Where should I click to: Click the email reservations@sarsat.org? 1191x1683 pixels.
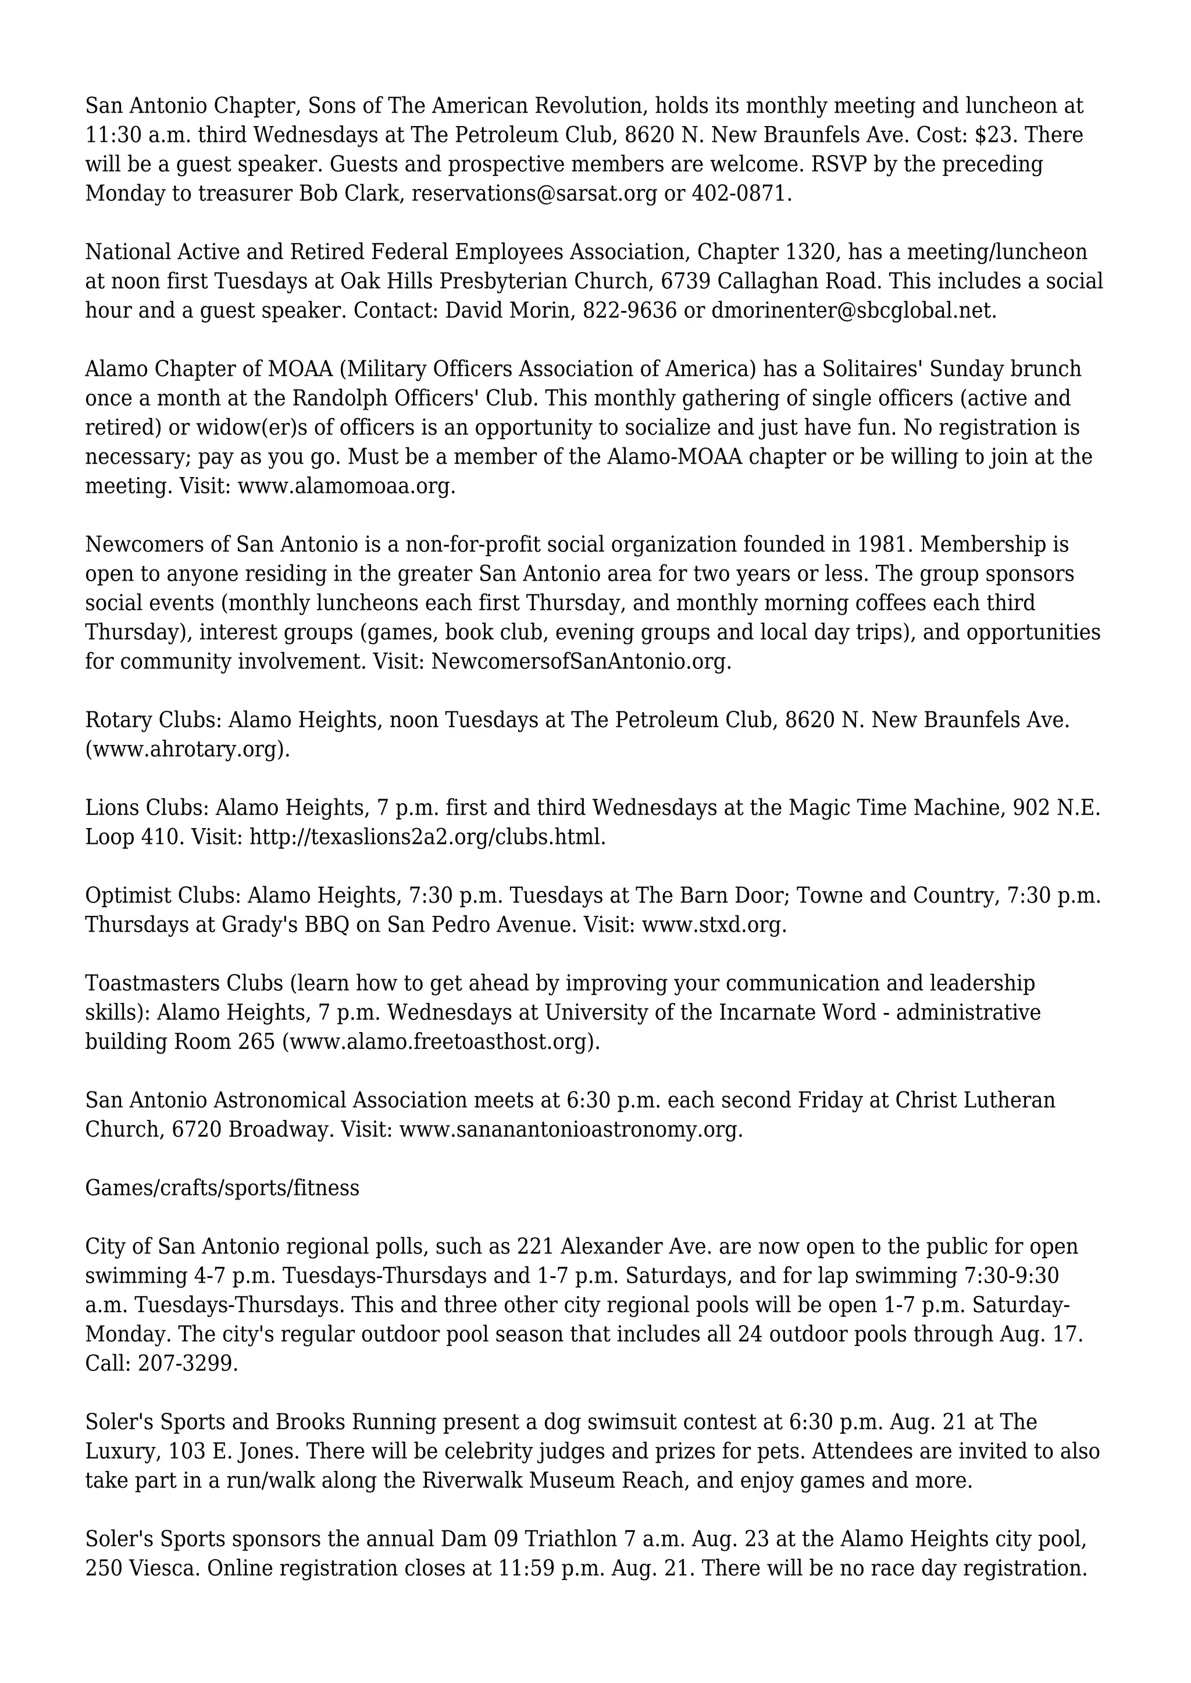tap(534, 194)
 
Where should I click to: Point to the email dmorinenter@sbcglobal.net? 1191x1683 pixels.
tap(853, 311)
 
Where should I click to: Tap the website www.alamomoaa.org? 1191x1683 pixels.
tap(345, 486)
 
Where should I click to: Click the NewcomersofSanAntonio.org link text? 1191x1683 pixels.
tap(580, 662)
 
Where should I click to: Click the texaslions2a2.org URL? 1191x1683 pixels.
tap(427, 837)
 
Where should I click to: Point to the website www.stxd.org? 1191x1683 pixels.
tap(713, 925)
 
